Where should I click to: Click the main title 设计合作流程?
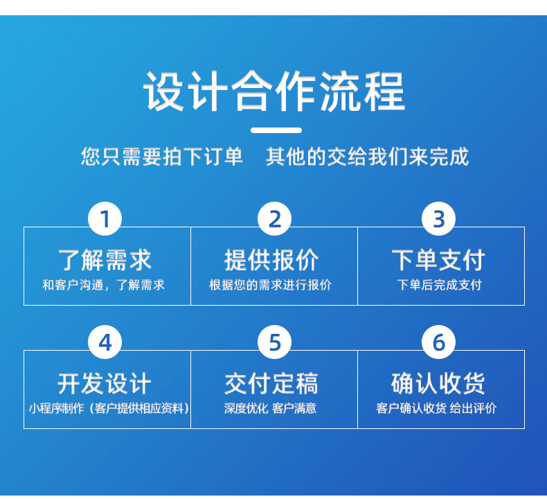(x=274, y=91)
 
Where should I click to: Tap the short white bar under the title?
(x=276, y=130)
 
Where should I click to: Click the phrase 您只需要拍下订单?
(x=162, y=157)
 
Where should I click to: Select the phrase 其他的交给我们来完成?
(x=368, y=157)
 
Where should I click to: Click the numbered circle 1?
(x=105, y=219)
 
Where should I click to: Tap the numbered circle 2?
(x=275, y=219)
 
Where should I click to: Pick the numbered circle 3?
(x=438, y=219)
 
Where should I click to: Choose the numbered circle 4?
(x=105, y=342)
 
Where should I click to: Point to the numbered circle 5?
(x=275, y=342)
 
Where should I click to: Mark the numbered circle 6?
(x=438, y=342)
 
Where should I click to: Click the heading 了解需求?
(x=105, y=260)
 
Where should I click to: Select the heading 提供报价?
(x=271, y=260)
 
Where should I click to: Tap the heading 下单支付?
(x=438, y=260)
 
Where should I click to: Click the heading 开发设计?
(x=105, y=383)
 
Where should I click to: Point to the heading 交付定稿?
(x=271, y=383)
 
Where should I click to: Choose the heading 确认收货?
(x=438, y=383)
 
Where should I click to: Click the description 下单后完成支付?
(x=440, y=285)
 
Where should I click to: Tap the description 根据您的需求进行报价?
(x=270, y=285)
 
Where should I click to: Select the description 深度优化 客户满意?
(x=270, y=408)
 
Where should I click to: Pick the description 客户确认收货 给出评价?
(x=436, y=408)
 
